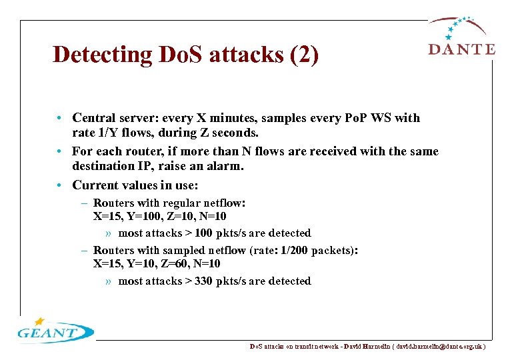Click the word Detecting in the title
click(103, 55)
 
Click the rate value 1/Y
click(110, 133)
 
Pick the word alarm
click(225, 167)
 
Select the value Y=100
click(142, 216)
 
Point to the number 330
click(203, 281)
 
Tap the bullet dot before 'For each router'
click(60, 151)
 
